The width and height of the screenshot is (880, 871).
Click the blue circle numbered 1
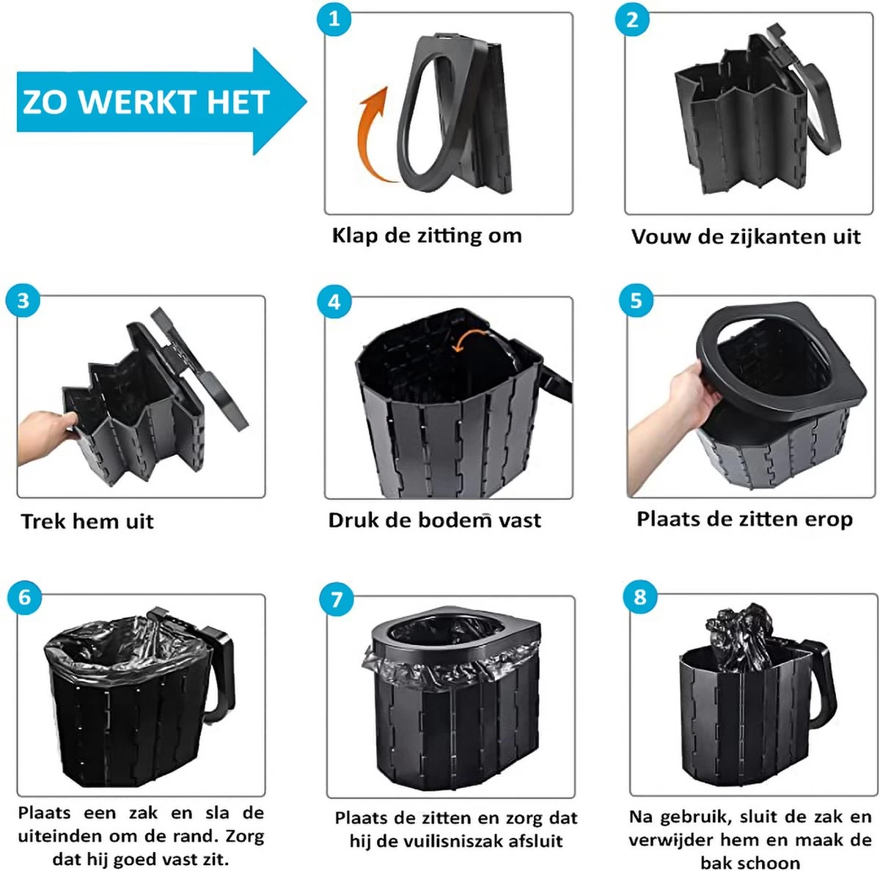click(334, 18)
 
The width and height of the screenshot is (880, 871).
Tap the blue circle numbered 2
click(632, 20)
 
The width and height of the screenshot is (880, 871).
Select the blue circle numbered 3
click(23, 301)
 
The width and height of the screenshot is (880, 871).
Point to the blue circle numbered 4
click(334, 302)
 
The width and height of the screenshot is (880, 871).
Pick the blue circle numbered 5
click(636, 301)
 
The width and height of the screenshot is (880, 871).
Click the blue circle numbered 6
click(24, 598)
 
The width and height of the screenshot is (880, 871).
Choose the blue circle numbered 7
click(337, 600)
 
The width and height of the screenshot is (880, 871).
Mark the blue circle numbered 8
click(640, 597)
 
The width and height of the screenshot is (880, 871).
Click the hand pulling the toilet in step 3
click(45, 436)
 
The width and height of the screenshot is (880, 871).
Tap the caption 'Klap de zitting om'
click(427, 235)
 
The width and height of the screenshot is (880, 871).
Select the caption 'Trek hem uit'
click(87, 521)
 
